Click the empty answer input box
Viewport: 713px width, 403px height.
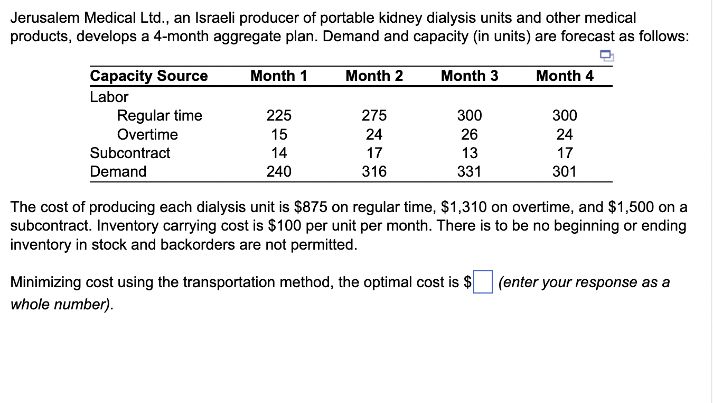[483, 281]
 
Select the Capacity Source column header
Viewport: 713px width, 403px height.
[149, 76]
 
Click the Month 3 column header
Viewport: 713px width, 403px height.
[469, 76]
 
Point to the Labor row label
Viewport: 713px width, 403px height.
[109, 97]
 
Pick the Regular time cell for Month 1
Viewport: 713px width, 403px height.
[278, 115]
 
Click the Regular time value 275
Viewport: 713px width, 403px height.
[374, 115]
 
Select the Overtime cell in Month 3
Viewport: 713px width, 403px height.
[469, 134]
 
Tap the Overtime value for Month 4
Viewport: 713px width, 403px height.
[565, 134]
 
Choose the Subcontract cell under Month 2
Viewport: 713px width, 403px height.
[374, 153]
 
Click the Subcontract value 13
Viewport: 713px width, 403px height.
[469, 153]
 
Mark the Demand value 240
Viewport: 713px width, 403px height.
[278, 171]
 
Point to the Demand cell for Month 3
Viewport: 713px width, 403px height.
[469, 171]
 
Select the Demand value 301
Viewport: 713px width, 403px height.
[565, 171]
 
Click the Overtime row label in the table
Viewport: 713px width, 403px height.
[147, 134]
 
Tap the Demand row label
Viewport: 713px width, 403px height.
[118, 171]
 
